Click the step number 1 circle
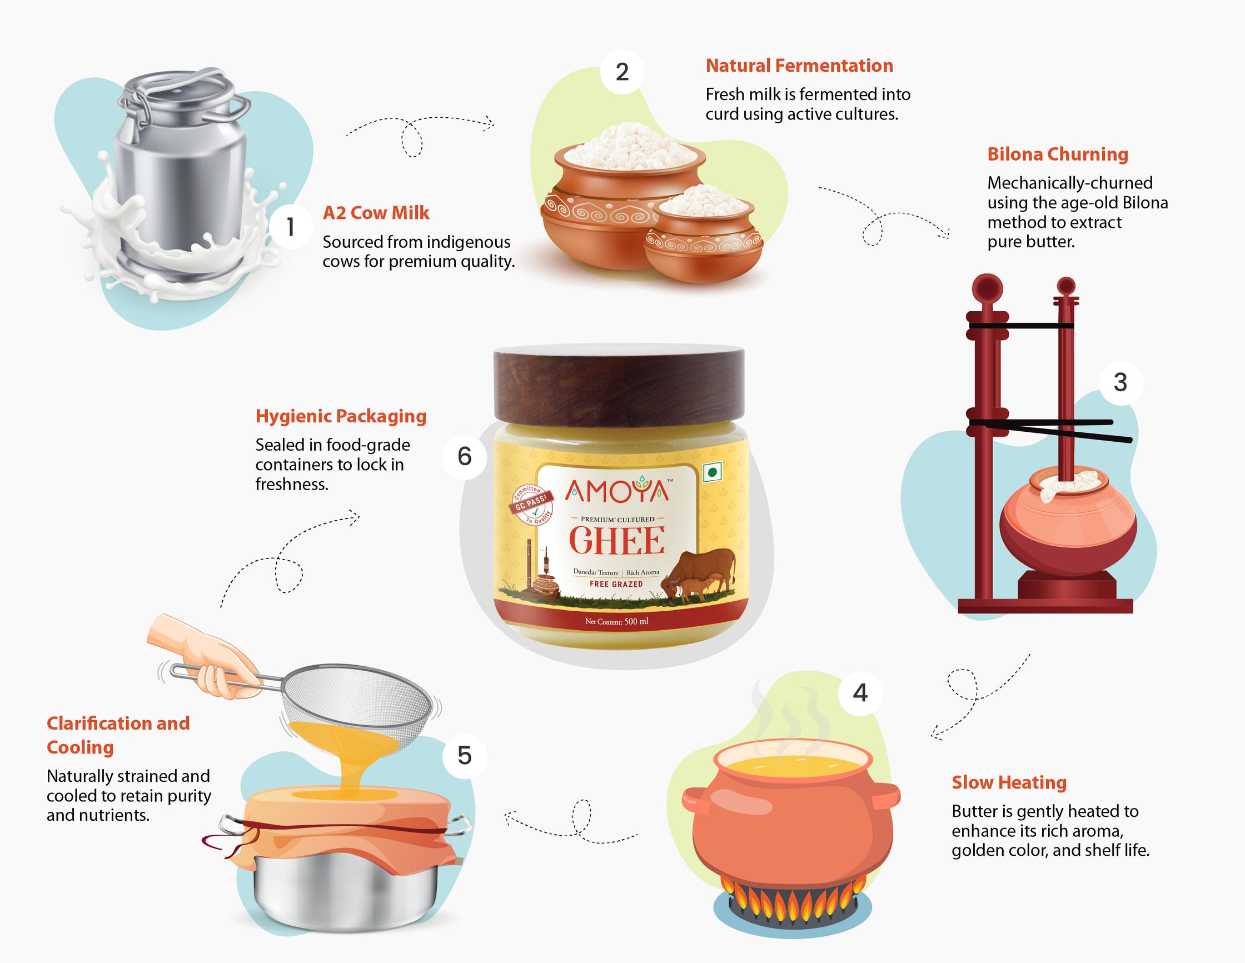tap(291, 226)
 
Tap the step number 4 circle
tap(860, 693)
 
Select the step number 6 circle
tap(465, 456)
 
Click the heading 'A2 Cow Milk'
tap(376, 212)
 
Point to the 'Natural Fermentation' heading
tap(799, 66)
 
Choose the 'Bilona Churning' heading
tap(1058, 154)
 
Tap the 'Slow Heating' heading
tap(1009, 782)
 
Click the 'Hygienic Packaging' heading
tap(341, 416)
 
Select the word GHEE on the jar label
tap(617, 540)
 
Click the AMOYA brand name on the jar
tap(617, 491)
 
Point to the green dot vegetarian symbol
tap(712, 472)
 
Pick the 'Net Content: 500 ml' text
tap(617, 621)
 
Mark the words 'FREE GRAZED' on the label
tap(616, 584)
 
